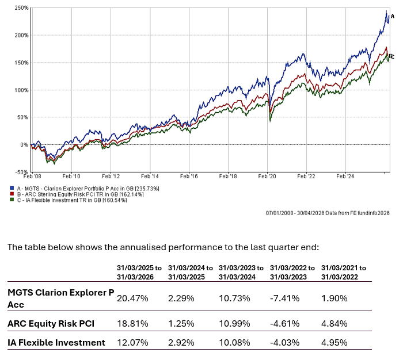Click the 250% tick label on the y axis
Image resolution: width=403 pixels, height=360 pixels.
(x=21, y=8)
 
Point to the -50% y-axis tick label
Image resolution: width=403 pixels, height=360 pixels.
(x=21, y=172)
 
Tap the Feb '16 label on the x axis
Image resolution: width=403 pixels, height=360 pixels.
(x=189, y=176)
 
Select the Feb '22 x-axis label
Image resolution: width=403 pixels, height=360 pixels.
(x=306, y=176)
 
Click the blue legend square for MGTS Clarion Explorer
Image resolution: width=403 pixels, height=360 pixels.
(x=12, y=188)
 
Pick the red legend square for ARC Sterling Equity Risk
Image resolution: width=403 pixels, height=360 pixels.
(x=12, y=194)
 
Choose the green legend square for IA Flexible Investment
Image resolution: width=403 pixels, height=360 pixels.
(x=12, y=200)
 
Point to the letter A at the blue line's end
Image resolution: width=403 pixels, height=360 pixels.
(x=393, y=17)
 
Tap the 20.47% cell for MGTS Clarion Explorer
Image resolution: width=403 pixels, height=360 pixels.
(x=132, y=298)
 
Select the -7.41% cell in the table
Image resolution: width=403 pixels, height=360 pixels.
(x=285, y=298)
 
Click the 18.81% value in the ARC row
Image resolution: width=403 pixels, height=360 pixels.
(x=132, y=324)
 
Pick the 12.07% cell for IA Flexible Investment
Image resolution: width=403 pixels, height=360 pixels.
(x=132, y=343)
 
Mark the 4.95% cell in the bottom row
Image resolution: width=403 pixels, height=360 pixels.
(x=334, y=343)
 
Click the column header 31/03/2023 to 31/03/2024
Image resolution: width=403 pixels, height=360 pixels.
(x=241, y=273)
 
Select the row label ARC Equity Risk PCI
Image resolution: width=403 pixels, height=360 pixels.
(x=51, y=324)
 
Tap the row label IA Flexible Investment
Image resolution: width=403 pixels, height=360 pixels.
(x=56, y=343)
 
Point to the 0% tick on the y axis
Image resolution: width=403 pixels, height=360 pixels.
(x=24, y=144)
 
